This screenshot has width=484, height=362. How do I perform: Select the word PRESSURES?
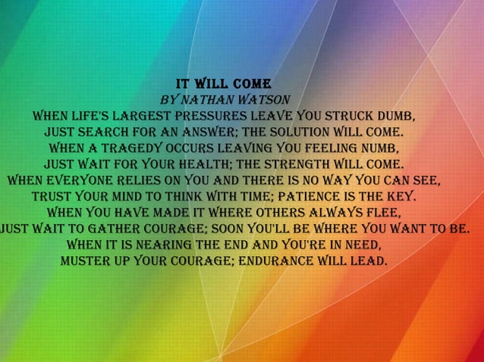pyautogui.click(x=209, y=117)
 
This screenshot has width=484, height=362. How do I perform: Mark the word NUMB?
pyautogui.click(x=377, y=148)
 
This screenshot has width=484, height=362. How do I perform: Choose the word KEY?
pyautogui.click(x=400, y=196)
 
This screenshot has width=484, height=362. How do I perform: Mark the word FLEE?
pyautogui.click(x=379, y=213)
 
